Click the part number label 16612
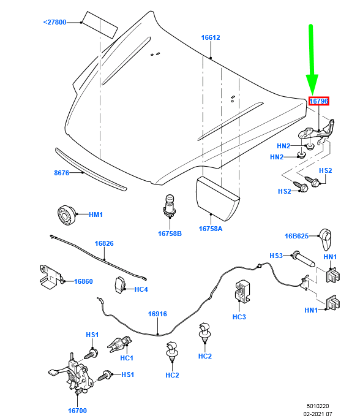[x=211, y=38]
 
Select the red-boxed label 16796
[x=318, y=101]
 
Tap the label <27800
[x=54, y=22]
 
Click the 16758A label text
[x=211, y=229]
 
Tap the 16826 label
[x=104, y=243]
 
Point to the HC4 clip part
[x=120, y=284]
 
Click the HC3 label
[x=239, y=317]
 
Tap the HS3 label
[x=276, y=256]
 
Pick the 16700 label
[x=77, y=411]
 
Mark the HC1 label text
[x=127, y=358]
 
